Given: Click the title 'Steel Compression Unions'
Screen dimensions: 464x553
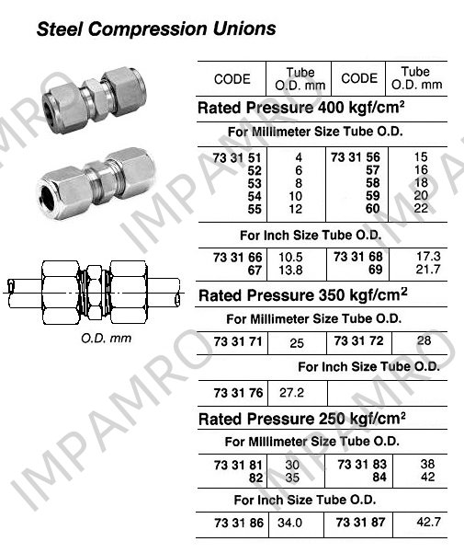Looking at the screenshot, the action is coord(156,29).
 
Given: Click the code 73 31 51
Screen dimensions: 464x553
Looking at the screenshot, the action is coord(237,157).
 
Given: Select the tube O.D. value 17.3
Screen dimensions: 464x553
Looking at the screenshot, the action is coord(428,257).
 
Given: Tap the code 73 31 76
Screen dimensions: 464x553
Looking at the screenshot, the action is coord(238,393).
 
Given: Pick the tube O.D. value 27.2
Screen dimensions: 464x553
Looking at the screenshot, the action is coord(291,393).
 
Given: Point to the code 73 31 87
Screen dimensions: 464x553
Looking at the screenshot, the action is coord(360,522).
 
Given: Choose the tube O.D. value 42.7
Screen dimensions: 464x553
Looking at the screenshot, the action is coord(428,522).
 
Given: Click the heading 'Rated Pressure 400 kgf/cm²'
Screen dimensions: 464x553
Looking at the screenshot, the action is coord(301,108).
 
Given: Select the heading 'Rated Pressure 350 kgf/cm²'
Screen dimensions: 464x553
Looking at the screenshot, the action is coord(303,295).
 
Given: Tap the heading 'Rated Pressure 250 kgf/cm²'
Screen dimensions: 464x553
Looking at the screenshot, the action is coord(301,419).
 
